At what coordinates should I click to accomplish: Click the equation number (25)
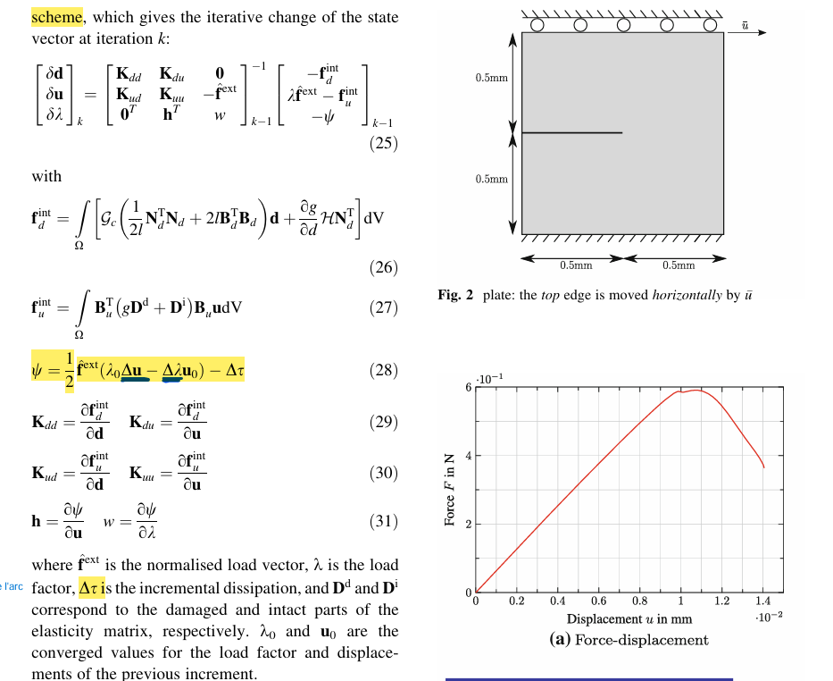coord(383,143)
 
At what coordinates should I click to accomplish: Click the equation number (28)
coord(383,370)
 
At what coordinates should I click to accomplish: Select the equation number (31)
coord(383,521)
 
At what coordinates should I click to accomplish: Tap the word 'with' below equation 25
coord(46,176)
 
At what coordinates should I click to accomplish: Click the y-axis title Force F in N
coord(451,490)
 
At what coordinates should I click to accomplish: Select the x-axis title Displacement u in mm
coord(629,618)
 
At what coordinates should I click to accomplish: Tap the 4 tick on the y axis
coord(467,456)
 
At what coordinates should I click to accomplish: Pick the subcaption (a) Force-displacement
coord(629,639)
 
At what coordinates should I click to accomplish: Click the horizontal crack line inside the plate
coord(571,133)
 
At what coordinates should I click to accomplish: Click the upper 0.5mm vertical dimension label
coord(492,79)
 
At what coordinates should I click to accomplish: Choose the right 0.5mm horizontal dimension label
coord(679,265)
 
